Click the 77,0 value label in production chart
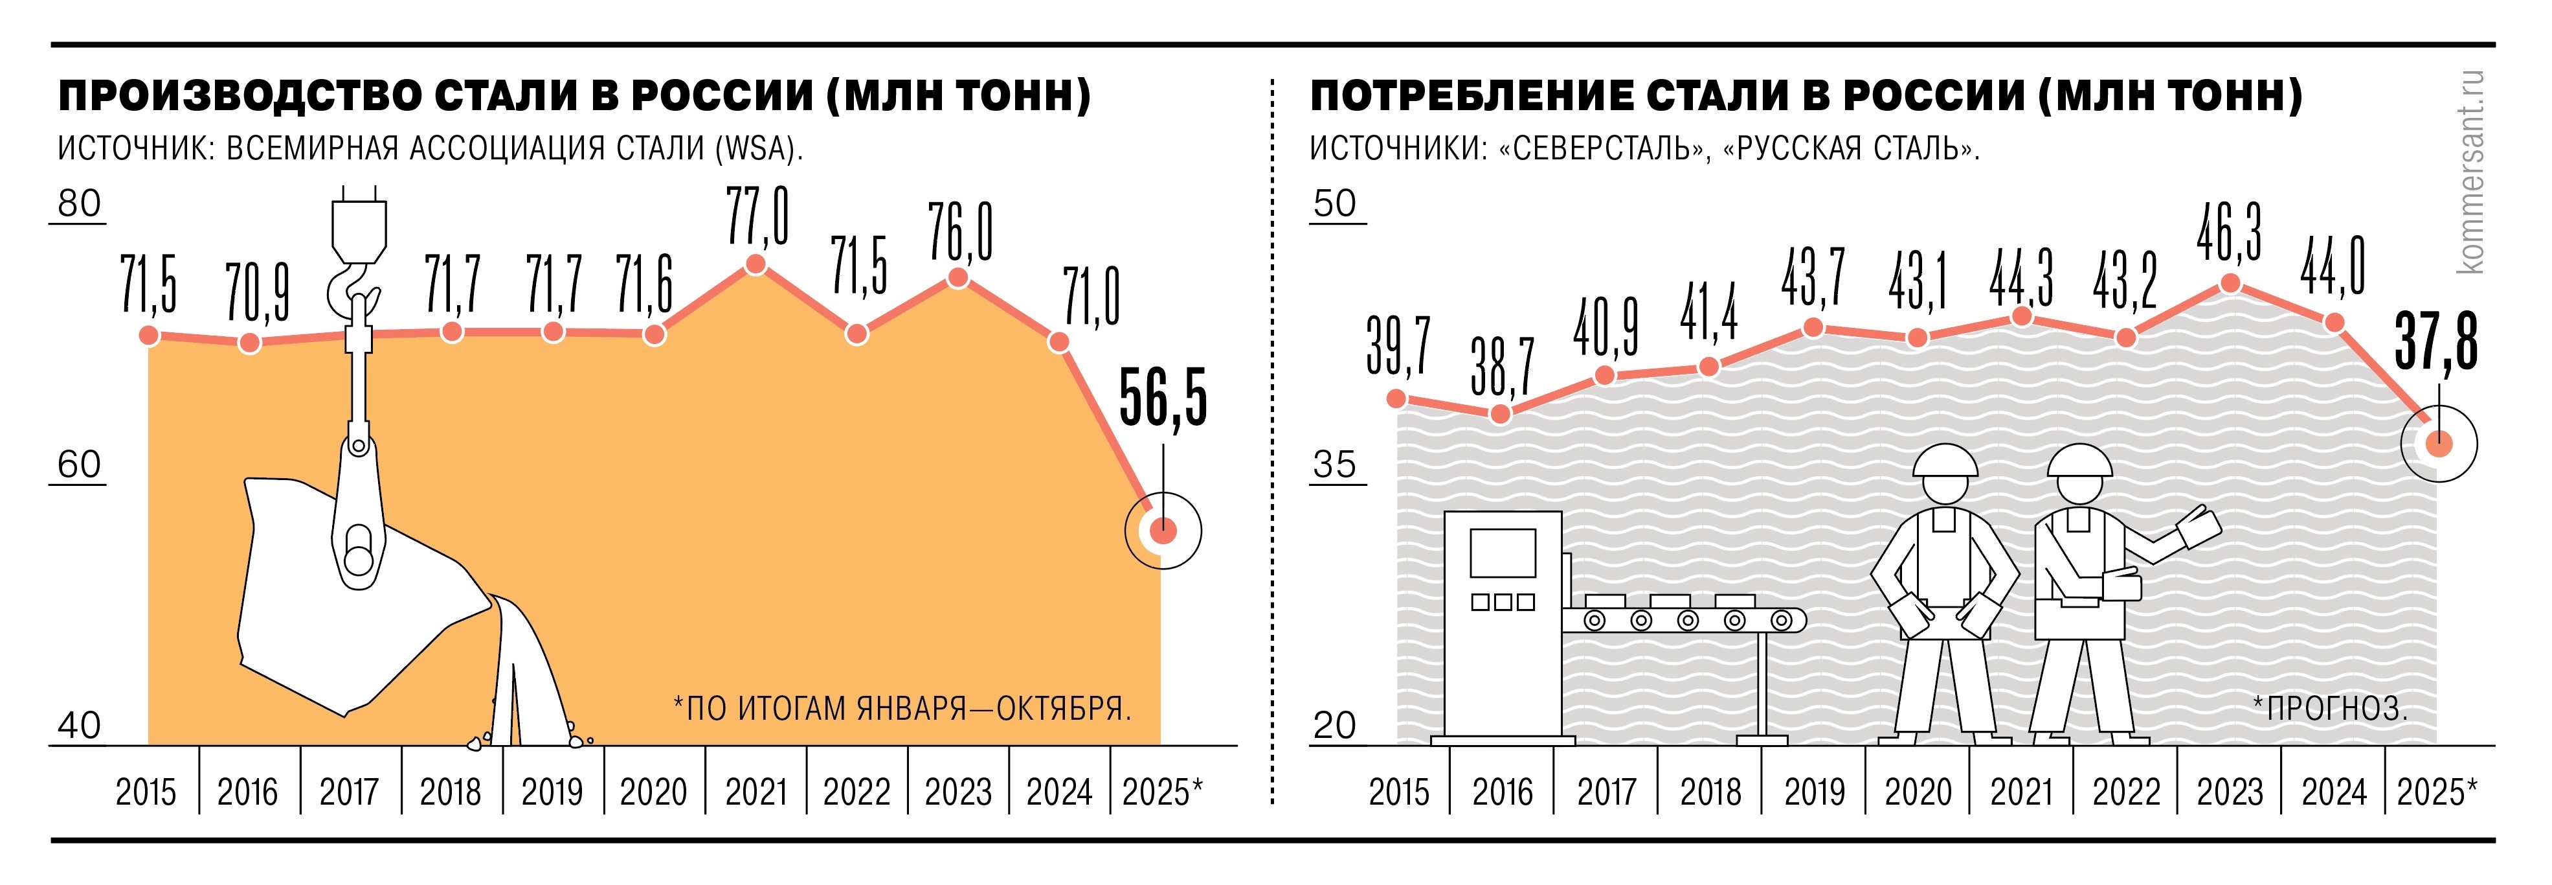[757, 216]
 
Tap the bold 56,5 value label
[1163, 398]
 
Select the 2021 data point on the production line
[756, 264]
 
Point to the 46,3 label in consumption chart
[2229, 233]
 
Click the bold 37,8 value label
[2436, 342]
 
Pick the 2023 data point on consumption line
[2230, 283]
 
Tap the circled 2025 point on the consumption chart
[2438, 444]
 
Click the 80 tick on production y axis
[79, 203]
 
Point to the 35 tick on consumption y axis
[1334, 464]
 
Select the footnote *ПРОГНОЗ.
[2329, 709]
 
